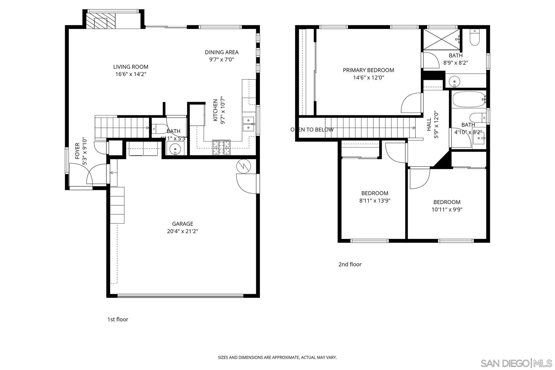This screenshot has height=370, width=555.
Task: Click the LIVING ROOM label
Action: click(x=131, y=67)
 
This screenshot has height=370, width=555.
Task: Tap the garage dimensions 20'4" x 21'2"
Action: click(x=183, y=231)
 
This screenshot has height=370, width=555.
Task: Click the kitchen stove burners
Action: click(x=221, y=147)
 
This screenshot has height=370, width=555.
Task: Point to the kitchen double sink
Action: click(x=248, y=123)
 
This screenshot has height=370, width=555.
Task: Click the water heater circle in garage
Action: click(x=244, y=166)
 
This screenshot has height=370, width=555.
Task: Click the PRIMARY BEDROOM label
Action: click(x=368, y=70)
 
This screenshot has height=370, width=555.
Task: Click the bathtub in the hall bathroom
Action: click(x=468, y=99)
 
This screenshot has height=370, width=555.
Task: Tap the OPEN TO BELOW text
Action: click(x=312, y=129)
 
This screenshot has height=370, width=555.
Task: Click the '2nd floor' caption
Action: click(x=350, y=264)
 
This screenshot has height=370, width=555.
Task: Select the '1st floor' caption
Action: click(x=117, y=319)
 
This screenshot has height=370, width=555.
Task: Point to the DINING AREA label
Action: click(x=221, y=52)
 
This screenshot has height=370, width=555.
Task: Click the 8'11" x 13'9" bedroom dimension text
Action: click(x=375, y=201)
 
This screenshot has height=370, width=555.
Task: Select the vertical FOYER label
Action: click(x=77, y=151)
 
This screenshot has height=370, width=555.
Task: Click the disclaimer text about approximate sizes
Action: click(x=277, y=358)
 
